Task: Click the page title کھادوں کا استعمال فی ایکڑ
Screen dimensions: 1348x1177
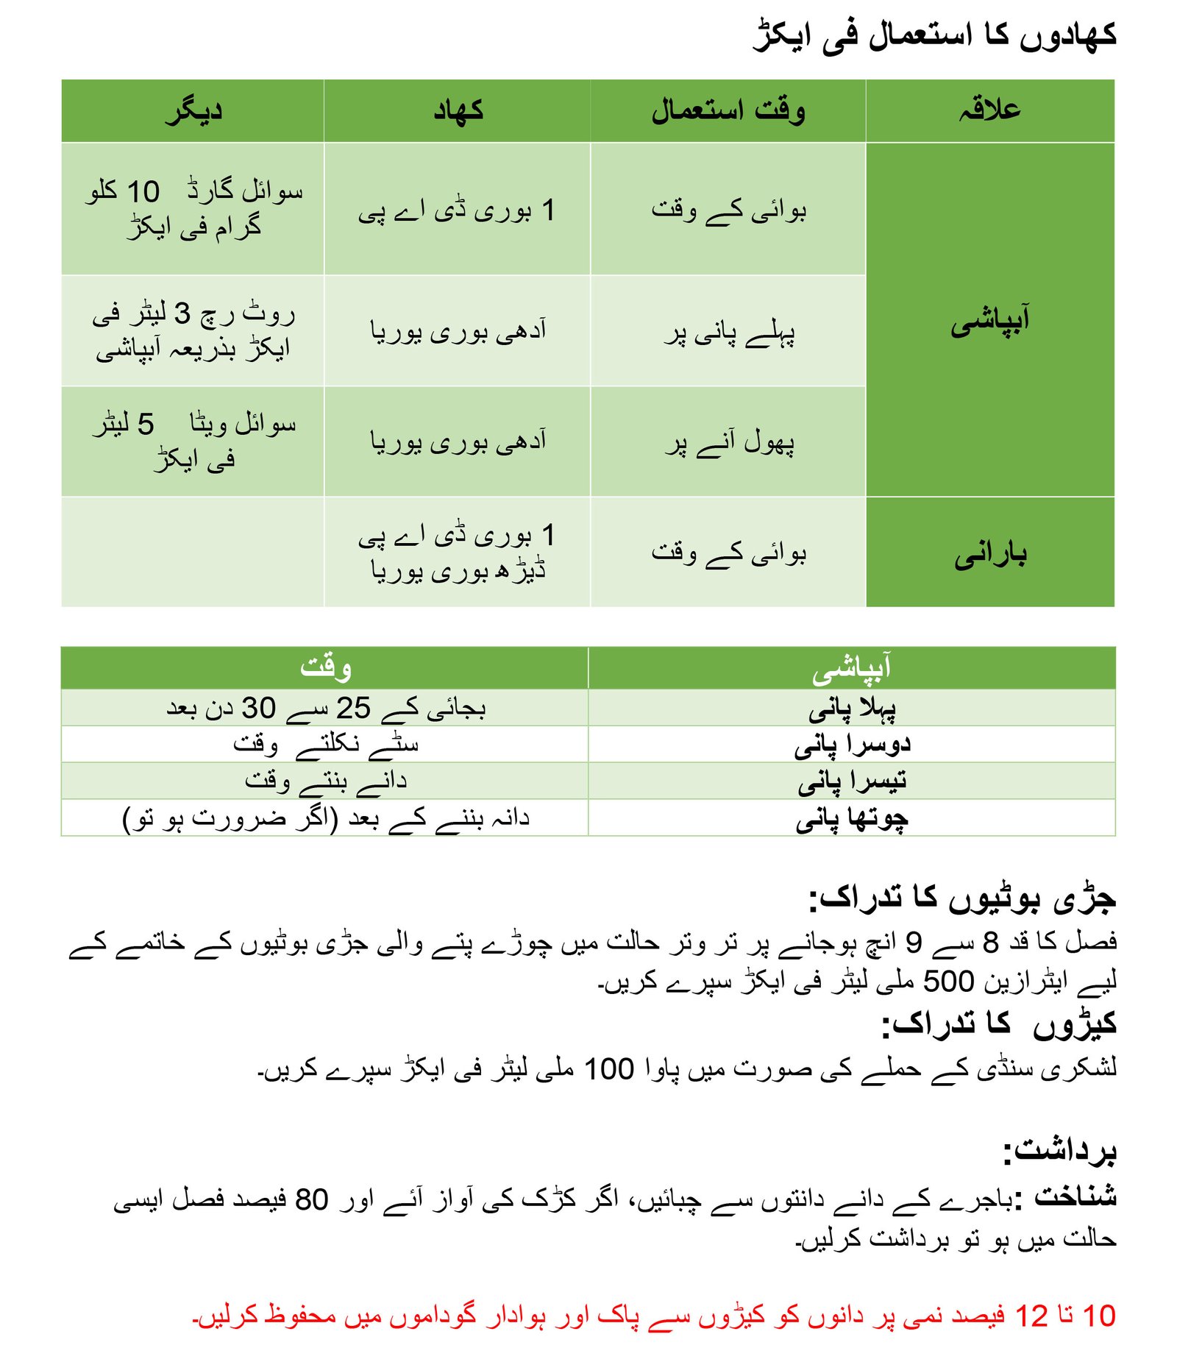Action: (x=934, y=35)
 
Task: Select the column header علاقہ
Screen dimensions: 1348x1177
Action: (x=989, y=110)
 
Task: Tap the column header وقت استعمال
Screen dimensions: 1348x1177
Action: (x=728, y=110)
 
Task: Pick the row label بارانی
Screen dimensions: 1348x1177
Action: (x=990, y=553)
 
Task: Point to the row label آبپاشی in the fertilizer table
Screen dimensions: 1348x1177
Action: (x=990, y=321)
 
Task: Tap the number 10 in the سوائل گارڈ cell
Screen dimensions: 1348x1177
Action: (x=143, y=192)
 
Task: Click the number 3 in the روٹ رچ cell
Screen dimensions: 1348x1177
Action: (x=182, y=314)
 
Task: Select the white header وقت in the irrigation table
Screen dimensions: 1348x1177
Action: (x=325, y=667)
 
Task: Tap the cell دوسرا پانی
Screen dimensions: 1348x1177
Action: (x=852, y=745)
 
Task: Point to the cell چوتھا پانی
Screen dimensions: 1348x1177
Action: (x=852, y=818)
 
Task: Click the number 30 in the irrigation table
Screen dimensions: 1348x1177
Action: (x=258, y=708)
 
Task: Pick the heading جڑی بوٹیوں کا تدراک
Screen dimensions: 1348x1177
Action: (x=962, y=898)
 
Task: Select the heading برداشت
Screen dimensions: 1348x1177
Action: (x=1060, y=1150)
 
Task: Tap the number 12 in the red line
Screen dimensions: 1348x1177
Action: (x=1031, y=1316)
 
